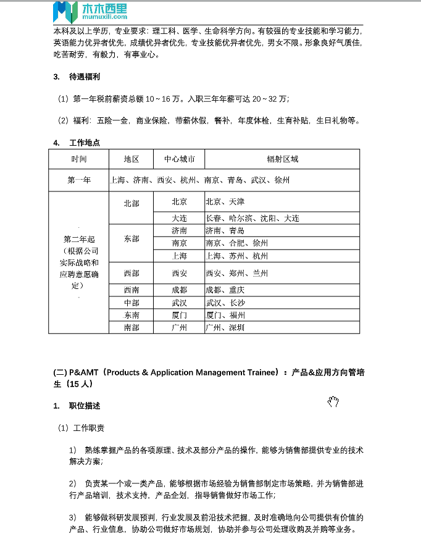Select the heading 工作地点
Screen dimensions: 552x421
point(85,143)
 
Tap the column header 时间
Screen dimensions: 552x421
point(78,159)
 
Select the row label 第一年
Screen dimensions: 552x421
point(79,180)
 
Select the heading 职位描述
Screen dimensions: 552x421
point(85,406)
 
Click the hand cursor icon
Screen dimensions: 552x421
point(333,403)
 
